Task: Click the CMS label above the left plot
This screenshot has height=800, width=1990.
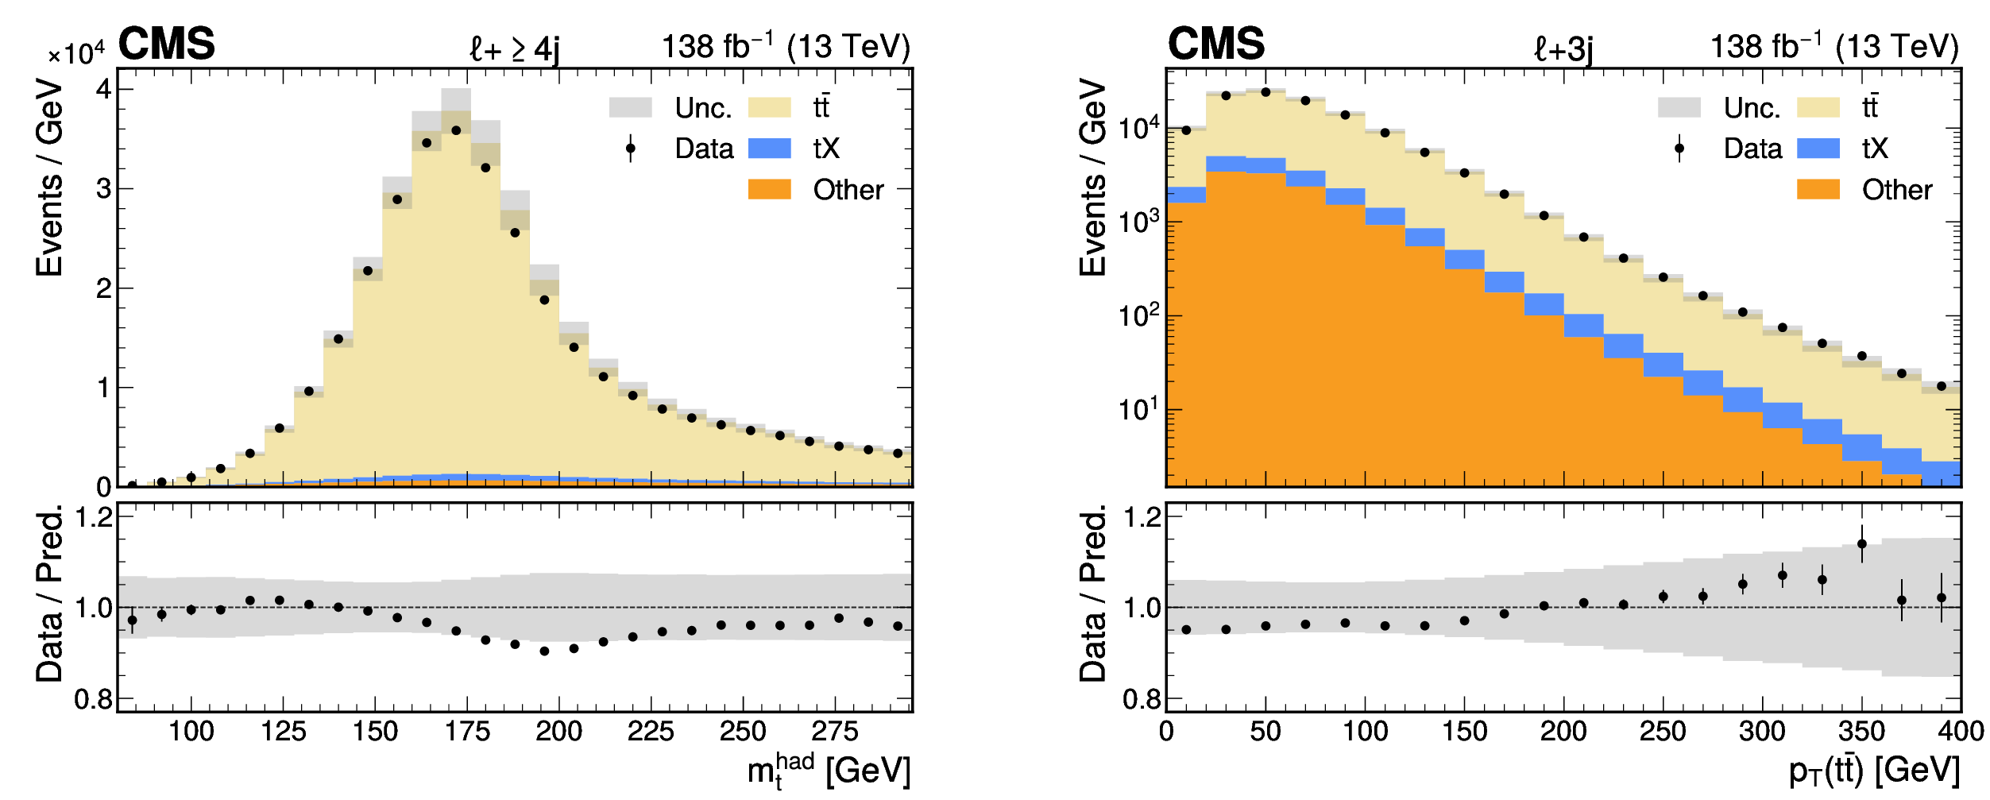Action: (167, 44)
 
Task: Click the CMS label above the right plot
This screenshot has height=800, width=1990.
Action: (1215, 44)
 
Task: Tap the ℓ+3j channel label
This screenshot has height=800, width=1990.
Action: (1563, 49)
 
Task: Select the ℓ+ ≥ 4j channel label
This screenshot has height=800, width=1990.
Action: (514, 49)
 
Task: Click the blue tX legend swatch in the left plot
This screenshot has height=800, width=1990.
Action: (769, 149)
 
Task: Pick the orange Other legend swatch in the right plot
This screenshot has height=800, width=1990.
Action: (1818, 189)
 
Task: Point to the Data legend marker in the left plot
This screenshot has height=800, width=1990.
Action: (631, 149)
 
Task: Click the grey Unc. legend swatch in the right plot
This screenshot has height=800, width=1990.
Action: (1679, 107)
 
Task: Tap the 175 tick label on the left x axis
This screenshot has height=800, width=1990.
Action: (467, 731)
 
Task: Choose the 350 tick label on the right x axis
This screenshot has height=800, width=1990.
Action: (1861, 731)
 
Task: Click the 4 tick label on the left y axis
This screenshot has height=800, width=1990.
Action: (103, 88)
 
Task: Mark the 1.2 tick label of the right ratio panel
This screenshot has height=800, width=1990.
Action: (1142, 518)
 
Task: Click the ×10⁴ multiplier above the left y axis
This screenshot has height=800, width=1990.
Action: (76, 54)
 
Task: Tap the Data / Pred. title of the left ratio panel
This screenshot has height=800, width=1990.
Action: (49, 593)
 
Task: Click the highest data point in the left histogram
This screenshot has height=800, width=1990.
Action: (456, 130)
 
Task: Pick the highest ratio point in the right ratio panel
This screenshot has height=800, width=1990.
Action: (1861, 544)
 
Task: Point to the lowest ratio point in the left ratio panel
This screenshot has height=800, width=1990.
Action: (544, 651)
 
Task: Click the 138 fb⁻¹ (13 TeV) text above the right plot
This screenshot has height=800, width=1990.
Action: (1834, 47)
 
